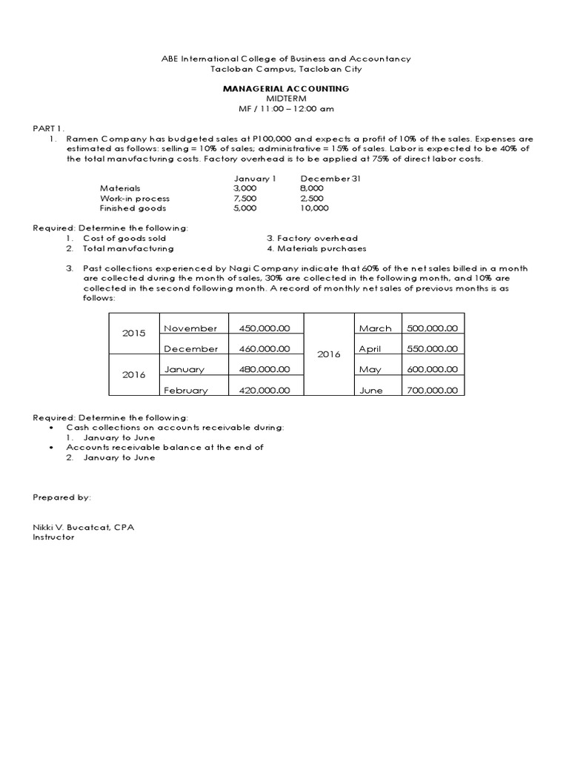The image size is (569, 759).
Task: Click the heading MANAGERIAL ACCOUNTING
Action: (286, 88)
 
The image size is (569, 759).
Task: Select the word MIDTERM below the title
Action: (285, 98)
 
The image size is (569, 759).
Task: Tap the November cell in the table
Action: (190, 328)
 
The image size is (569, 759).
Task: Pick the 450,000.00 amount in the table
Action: (264, 328)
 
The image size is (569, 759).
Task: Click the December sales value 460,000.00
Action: (264, 348)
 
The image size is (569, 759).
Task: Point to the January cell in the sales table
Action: (185, 369)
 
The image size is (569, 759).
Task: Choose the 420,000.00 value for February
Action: (264, 390)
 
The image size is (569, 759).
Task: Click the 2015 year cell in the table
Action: (134, 334)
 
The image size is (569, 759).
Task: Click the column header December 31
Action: (330, 179)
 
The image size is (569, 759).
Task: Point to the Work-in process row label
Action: (135, 199)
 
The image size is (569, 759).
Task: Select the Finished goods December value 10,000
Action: (315, 209)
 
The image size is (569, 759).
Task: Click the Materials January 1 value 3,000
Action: (245, 188)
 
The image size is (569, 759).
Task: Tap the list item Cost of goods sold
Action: (124, 239)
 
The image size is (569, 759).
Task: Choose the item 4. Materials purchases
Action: (316, 249)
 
